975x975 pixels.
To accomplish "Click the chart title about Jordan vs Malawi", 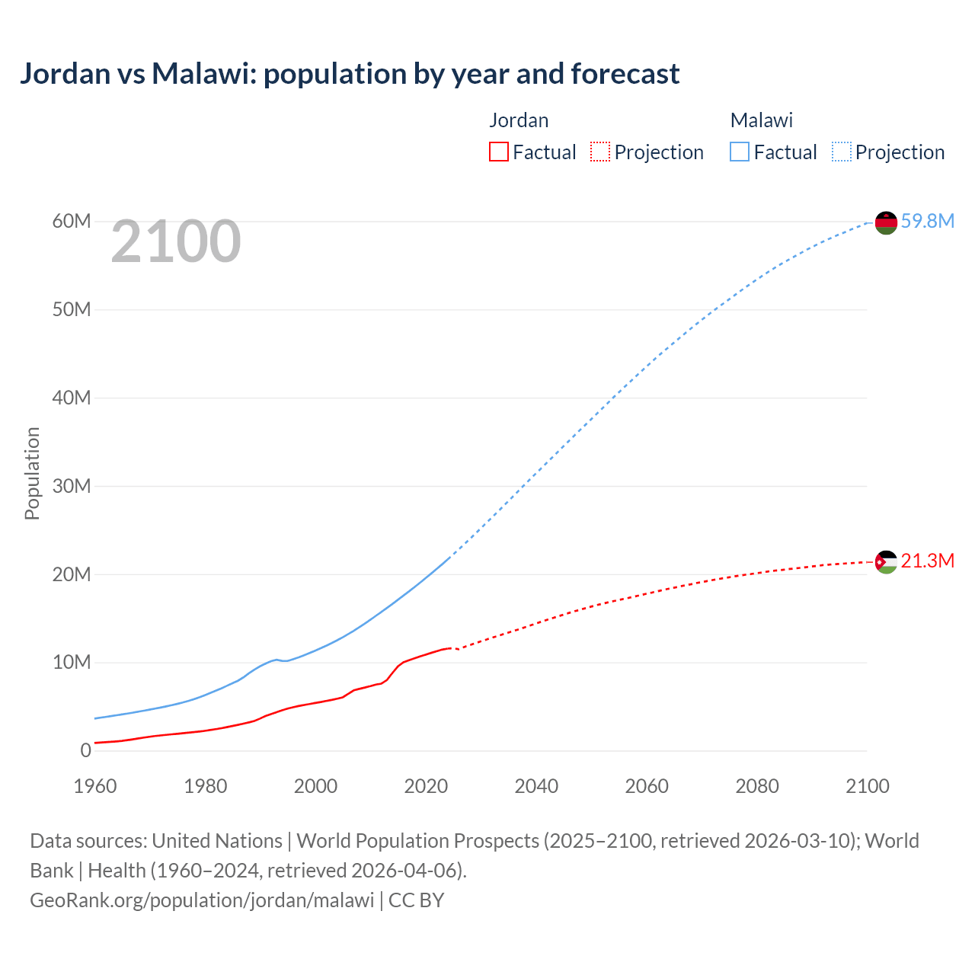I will tap(350, 74).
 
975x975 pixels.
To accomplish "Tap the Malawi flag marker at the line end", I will tap(886, 222).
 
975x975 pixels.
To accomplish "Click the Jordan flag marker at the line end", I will tap(886, 562).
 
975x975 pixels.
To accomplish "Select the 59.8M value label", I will tap(927, 221).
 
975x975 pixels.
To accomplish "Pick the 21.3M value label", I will tap(927, 561).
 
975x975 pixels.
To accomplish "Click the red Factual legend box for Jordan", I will tap(498, 152).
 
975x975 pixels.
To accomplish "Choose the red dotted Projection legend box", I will tap(600, 152).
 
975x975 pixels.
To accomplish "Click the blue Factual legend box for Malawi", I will tap(739, 152).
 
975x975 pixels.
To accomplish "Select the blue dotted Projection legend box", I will tap(841, 152).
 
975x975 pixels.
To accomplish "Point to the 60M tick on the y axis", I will tap(72, 222).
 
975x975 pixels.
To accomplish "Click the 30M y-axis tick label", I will tap(72, 486).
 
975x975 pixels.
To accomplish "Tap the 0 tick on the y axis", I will tap(85, 750).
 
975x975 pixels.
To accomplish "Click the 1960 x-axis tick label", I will tap(95, 786).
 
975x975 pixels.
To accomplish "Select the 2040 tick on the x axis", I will tap(536, 786).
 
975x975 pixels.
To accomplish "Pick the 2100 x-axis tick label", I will tap(867, 786).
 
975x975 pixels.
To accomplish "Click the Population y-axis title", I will tap(32, 473).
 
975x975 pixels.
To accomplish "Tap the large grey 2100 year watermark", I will tap(176, 242).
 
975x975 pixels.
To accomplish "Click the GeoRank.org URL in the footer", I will tap(202, 900).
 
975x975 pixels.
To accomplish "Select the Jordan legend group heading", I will tap(519, 120).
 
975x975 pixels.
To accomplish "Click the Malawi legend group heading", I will tap(762, 120).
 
